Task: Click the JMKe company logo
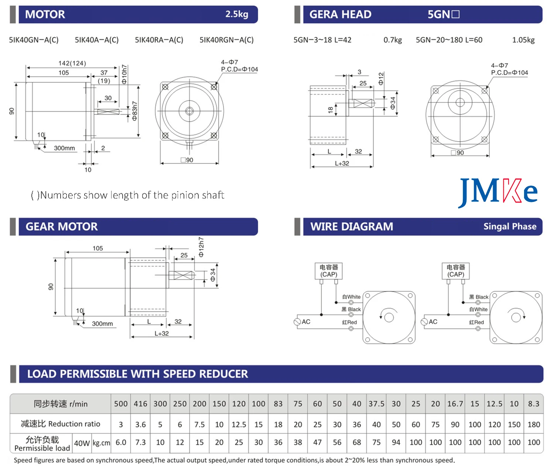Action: [x=498, y=192]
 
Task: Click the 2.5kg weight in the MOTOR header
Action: [x=237, y=14]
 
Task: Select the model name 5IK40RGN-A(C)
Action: [x=226, y=40]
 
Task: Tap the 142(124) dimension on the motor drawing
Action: [x=72, y=63]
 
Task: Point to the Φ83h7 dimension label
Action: [x=134, y=111]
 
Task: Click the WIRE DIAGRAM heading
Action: [x=352, y=227]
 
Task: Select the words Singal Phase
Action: [x=510, y=227]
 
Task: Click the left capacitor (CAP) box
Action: [x=329, y=271]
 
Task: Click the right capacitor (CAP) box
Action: [x=455, y=271]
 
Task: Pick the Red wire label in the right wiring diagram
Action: [x=476, y=322]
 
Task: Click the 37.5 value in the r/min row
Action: [x=376, y=404]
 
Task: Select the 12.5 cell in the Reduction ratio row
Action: [x=239, y=424]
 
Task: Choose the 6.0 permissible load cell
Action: [x=121, y=442]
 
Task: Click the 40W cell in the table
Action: [x=82, y=443]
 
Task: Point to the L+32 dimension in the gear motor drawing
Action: [x=161, y=334]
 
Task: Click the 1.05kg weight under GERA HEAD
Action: [x=523, y=40]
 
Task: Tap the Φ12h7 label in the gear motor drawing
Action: [x=201, y=247]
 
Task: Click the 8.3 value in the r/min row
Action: [x=533, y=404]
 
